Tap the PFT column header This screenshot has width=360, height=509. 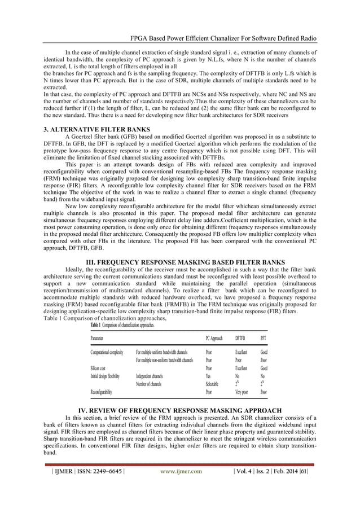click(264, 338)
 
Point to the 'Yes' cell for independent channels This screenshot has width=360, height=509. click(209, 375)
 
